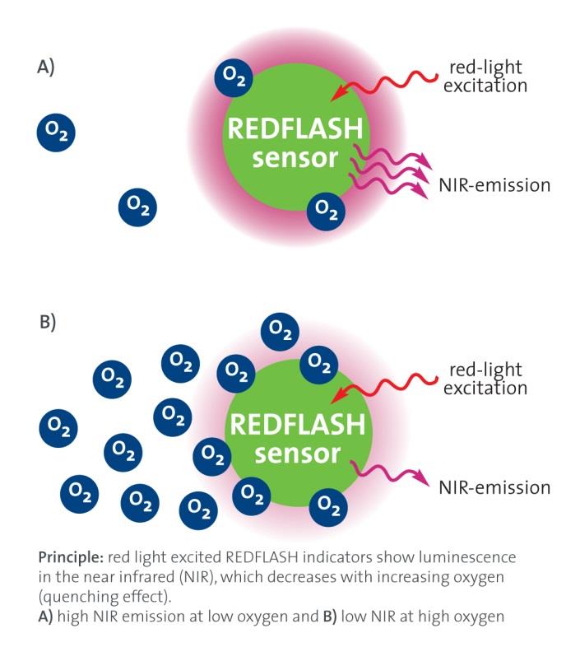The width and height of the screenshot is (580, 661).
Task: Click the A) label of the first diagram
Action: tap(46, 67)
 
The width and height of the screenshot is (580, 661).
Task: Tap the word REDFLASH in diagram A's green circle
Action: tap(295, 130)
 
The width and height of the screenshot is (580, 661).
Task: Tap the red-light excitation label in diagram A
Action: tap(485, 76)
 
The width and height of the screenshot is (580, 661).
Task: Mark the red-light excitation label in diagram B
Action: tap(485, 379)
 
